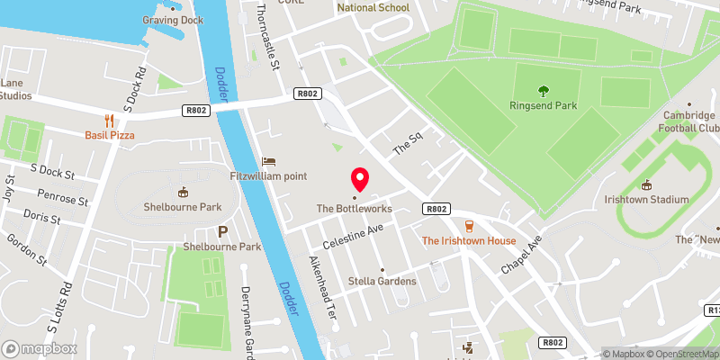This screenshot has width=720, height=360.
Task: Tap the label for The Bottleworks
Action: tap(354, 209)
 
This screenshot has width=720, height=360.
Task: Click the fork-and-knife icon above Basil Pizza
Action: tap(109, 120)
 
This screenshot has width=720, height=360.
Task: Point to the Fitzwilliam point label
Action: tap(268, 175)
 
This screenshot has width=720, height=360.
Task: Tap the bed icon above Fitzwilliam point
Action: tap(268, 161)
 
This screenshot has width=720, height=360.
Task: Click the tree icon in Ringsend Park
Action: tap(543, 89)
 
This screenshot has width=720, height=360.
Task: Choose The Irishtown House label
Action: tap(469, 241)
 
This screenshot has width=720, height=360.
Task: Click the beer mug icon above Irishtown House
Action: tap(468, 225)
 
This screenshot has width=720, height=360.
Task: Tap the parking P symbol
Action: tap(222, 231)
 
